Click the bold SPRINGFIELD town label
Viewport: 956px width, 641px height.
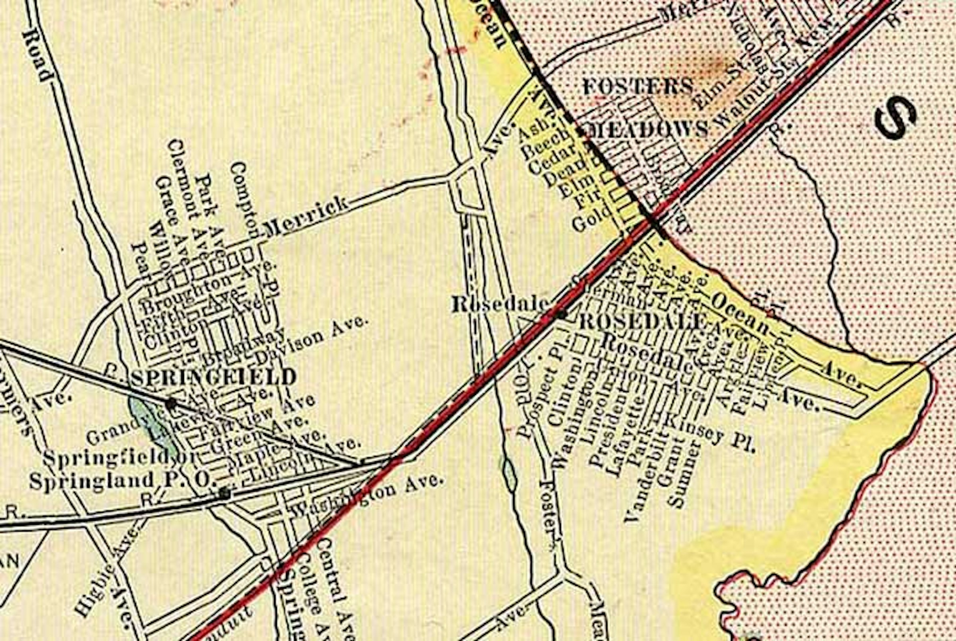[x=214, y=377]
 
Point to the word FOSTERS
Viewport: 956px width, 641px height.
[x=638, y=87]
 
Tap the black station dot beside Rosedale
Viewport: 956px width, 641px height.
[x=562, y=315]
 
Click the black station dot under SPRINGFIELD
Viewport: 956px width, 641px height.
[x=171, y=404]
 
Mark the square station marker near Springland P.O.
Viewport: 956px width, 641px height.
[x=224, y=493]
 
